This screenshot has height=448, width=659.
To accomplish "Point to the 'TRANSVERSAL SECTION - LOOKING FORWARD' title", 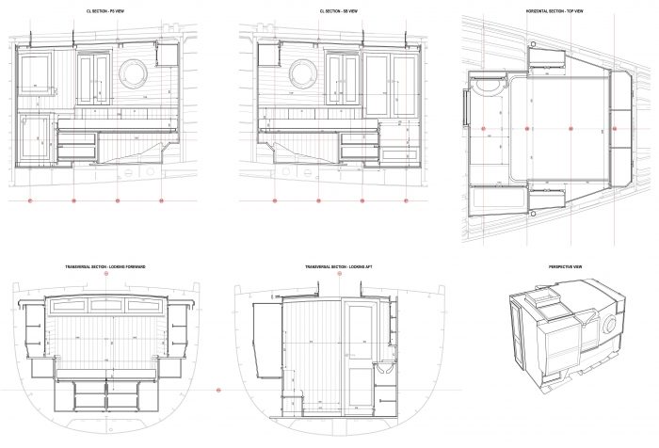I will click(104, 267).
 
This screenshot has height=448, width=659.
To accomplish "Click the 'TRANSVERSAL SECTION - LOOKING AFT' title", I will click(336, 267).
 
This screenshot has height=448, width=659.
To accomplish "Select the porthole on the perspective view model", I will click(607, 325).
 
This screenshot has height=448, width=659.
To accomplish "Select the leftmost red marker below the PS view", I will click(29, 200).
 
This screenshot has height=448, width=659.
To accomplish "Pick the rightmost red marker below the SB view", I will click(406, 200).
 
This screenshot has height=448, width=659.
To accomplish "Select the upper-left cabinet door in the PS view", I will click(35, 78).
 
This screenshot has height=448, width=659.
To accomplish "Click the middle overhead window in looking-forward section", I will click(104, 306).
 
